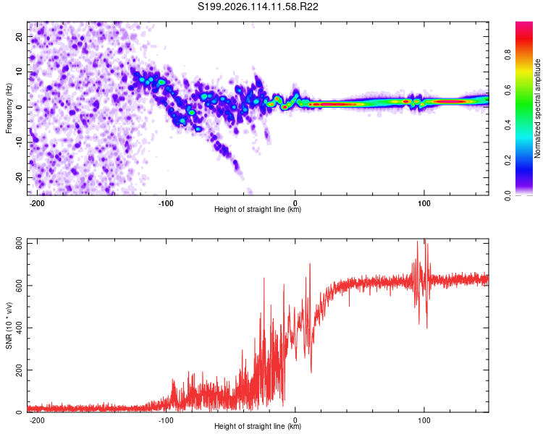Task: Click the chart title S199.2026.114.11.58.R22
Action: click(x=258, y=7)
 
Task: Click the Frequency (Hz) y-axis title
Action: click(x=9, y=109)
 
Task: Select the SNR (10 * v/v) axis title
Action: click(x=9, y=325)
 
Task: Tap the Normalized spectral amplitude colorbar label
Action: click(x=537, y=109)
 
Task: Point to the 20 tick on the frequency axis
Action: click(x=20, y=37)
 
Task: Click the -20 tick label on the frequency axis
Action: click(x=20, y=178)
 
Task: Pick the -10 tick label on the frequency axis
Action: click(x=20, y=142)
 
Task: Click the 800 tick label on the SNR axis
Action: click(x=20, y=243)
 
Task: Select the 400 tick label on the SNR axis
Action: click(x=20, y=328)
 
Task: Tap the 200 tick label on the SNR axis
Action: click(x=20, y=370)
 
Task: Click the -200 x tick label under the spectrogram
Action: click(x=37, y=203)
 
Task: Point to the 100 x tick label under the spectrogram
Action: click(x=424, y=203)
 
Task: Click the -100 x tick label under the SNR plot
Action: click(x=166, y=420)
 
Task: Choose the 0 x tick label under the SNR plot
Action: click(x=295, y=420)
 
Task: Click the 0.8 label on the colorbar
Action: click(x=508, y=55)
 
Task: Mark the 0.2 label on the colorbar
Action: click(x=508, y=161)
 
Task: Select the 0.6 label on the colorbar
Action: click(x=508, y=90)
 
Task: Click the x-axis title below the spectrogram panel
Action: click(x=258, y=209)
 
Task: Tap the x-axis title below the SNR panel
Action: click(x=258, y=426)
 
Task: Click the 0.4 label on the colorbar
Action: click(x=508, y=125)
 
